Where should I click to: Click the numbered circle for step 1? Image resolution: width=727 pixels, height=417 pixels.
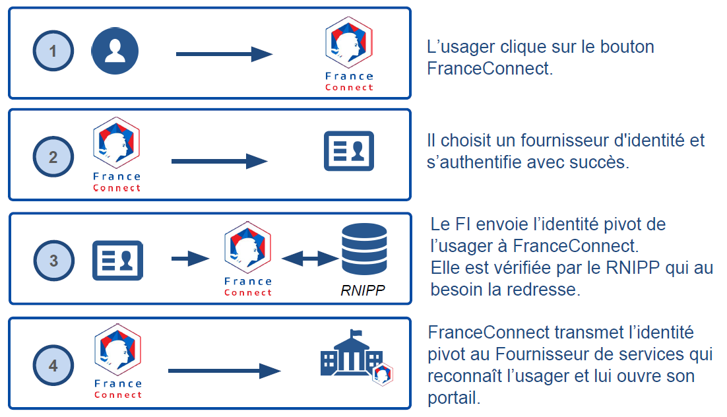click(53, 51)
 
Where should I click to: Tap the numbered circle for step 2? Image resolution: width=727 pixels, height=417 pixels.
click(53, 158)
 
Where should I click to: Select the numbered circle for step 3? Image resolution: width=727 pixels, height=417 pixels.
click(53, 261)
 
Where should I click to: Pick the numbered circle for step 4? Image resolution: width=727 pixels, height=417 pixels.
click(53, 366)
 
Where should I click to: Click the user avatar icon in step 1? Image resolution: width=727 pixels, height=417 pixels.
click(115, 51)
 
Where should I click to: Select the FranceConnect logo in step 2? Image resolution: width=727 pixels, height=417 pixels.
click(117, 156)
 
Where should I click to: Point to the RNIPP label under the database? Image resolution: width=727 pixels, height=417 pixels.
click(363, 290)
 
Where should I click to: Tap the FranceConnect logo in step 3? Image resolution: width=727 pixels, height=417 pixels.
click(247, 259)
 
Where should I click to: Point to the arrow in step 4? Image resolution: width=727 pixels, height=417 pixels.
click(224, 371)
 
